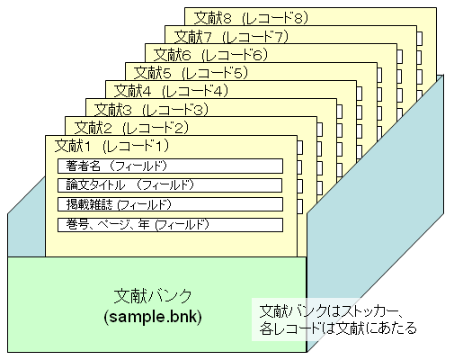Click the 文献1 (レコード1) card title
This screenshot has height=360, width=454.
111,146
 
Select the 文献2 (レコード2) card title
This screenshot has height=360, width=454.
131,128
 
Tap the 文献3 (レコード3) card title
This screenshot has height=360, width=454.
151,110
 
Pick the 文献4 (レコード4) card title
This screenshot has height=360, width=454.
171,91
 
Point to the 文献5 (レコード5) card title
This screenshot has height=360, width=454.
191,73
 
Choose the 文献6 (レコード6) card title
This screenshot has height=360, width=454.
210,55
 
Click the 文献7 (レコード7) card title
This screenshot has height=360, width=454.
231,37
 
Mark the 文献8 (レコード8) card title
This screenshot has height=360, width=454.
251,18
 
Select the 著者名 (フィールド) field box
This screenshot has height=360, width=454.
170,166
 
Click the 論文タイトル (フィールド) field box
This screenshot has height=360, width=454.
170,185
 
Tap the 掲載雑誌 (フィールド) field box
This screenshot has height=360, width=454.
170,204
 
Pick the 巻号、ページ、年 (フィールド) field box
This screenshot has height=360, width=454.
170,225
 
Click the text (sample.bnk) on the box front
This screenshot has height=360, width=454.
153,317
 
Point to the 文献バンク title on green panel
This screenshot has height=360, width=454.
153,296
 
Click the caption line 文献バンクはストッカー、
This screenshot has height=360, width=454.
331,311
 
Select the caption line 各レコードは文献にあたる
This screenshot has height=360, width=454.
338,328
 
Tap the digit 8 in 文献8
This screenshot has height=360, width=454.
227,18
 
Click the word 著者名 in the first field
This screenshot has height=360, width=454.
83,166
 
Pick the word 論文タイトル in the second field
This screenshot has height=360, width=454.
95,185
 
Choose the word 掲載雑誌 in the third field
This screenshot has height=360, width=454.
89,204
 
